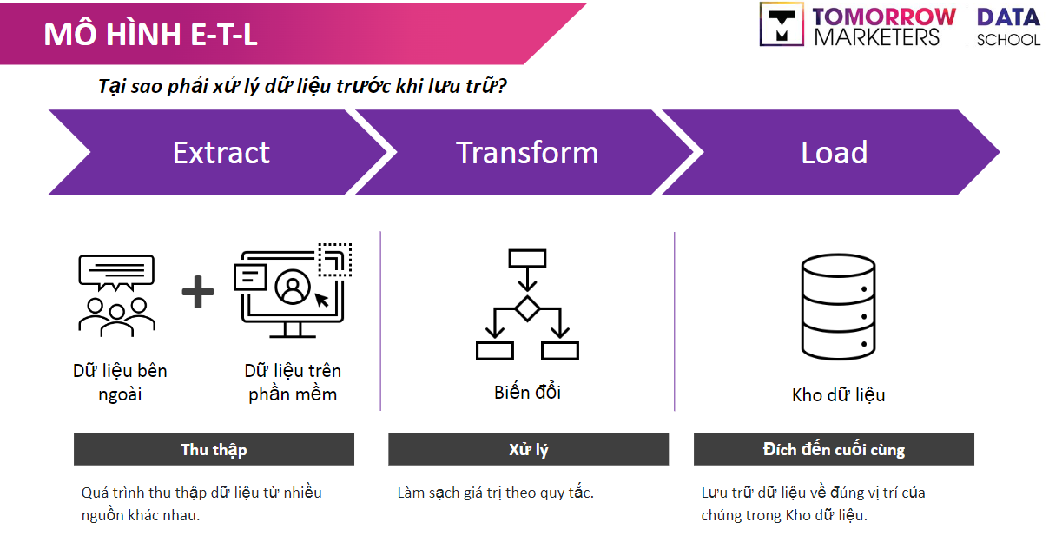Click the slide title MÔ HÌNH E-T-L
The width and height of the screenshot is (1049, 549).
click(150, 34)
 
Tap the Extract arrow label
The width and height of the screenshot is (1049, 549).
click(221, 153)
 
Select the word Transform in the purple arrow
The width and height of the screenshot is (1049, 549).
click(527, 153)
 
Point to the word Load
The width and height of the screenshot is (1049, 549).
click(834, 153)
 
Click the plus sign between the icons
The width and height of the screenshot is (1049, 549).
click(198, 292)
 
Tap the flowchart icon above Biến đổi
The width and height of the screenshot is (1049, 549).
click(527, 304)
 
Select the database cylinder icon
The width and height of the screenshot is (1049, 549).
click(837, 308)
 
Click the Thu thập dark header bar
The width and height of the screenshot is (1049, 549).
click(214, 449)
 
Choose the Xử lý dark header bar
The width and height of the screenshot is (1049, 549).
click(528, 449)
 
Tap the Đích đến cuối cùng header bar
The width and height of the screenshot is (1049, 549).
click(834, 449)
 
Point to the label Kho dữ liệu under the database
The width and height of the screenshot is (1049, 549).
click(838, 395)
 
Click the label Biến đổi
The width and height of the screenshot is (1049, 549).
click(527, 392)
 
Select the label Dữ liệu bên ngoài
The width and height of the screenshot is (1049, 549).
click(120, 382)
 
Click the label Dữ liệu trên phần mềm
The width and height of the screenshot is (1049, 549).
click(293, 382)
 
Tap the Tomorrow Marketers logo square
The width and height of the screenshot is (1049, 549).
click(782, 23)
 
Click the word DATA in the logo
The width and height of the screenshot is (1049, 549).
click(1007, 17)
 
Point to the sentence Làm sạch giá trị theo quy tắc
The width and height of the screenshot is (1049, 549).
click(495, 493)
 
